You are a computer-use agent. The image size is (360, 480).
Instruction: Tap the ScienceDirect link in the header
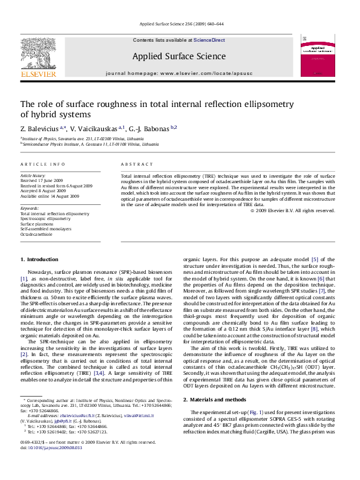click(x=209, y=39)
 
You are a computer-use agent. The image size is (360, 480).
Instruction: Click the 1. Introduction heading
click(x=39, y=259)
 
